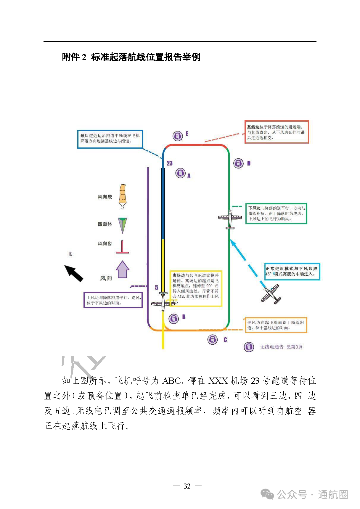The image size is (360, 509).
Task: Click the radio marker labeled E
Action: [x=178, y=136]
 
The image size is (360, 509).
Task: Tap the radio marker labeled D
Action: [x=238, y=163]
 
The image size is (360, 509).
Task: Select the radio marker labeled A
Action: [x=180, y=173]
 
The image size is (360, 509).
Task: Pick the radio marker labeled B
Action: [x=173, y=319]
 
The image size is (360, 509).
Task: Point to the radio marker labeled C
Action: [x=213, y=340]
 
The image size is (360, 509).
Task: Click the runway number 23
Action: [x=170, y=163]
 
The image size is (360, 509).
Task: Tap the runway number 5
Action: [x=156, y=287]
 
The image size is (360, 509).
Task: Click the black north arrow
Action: [x=74, y=273]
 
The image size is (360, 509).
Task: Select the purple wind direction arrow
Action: [x=122, y=269]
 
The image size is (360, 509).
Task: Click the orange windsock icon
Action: [x=123, y=196]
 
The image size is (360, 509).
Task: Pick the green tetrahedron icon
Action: [x=122, y=225]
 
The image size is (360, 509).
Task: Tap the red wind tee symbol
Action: [x=122, y=247]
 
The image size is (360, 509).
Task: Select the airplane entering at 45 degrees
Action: [x=271, y=294]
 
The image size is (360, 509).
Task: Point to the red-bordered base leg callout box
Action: [x=277, y=132]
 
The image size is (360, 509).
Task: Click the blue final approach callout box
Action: [x=110, y=139]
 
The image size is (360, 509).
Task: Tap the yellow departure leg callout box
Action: [x=196, y=288]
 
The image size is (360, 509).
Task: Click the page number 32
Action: [x=187, y=486]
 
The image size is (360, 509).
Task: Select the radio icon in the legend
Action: [x=249, y=347]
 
